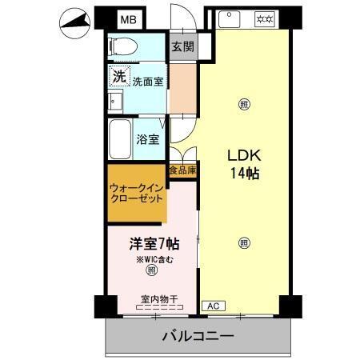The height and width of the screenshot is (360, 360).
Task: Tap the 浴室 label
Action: click(x=149, y=139)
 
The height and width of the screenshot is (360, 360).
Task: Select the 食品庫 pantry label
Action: click(x=182, y=170)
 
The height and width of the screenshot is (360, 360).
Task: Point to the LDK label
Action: click(x=242, y=155)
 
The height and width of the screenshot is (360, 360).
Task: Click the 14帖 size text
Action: click(x=242, y=173)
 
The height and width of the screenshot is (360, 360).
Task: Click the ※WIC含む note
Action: click(x=150, y=259)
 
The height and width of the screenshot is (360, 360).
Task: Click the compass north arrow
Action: click(x=77, y=24)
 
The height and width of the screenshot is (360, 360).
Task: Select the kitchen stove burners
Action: click(x=263, y=18)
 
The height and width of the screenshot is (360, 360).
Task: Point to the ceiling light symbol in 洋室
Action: click(x=150, y=271)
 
